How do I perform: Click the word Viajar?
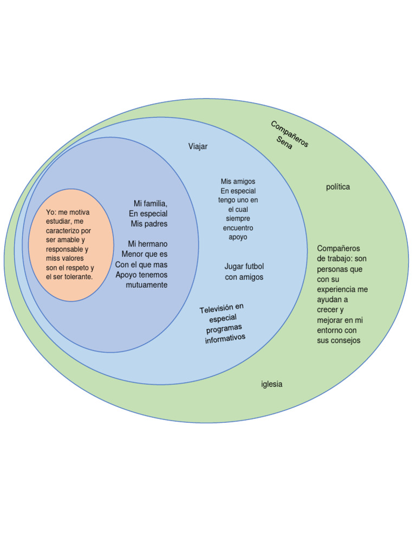coord(198,146)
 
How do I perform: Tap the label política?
coord(338,187)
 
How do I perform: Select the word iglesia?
coord(272,384)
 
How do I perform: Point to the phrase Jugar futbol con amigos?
coord(244,272)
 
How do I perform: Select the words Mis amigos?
coord(238,182)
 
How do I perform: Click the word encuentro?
coord(238,228)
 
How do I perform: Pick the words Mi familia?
coord(151,203)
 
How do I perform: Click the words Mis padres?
coord(149,224)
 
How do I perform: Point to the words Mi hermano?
coord(148,244)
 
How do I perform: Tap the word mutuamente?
coord(147,285)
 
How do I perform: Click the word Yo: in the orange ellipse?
coord(51,212)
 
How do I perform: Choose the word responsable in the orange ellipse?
coord(64,249)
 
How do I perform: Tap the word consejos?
coord(346,340)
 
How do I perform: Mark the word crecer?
coord(327,310)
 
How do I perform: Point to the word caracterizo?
coord(64,231)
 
